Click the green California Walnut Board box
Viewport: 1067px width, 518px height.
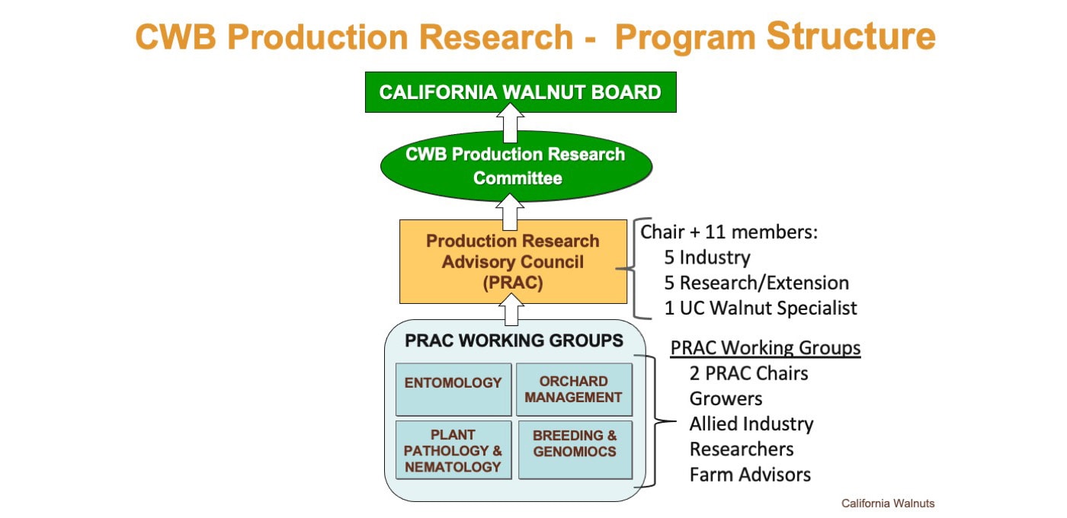click(x=521, y=92)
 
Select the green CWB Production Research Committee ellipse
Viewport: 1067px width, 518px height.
click(x=516, y=166)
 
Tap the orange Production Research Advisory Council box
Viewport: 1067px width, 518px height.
click(x=513, y=261)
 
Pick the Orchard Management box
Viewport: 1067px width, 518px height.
click(x=574, y=389)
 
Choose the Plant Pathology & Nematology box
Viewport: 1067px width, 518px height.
click(x=453, y=450)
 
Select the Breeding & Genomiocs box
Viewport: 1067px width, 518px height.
click(x=575, y=449)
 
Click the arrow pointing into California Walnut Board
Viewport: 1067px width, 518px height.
click(x=510, y=123)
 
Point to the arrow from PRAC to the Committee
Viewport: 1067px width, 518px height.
click(x=510, y=211)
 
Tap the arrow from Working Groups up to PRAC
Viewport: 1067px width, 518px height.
click(x=510, y=309)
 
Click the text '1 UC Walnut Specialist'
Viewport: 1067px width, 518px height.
click(x=760, y=308)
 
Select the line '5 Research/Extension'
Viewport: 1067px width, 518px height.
click(x=756, y=283)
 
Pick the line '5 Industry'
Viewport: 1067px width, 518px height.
click(x=707, y=257)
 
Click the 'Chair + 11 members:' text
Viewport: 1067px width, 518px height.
click(x=729, y=232)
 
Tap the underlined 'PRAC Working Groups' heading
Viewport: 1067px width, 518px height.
click(x=765, y=348)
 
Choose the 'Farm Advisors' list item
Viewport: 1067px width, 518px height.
click(x=750, y=475)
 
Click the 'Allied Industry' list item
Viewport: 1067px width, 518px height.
click(x=751, y=424)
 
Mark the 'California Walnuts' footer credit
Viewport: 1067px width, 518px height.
click(x=888, y=504)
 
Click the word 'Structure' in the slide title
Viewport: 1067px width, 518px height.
click(x=851, y=36)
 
